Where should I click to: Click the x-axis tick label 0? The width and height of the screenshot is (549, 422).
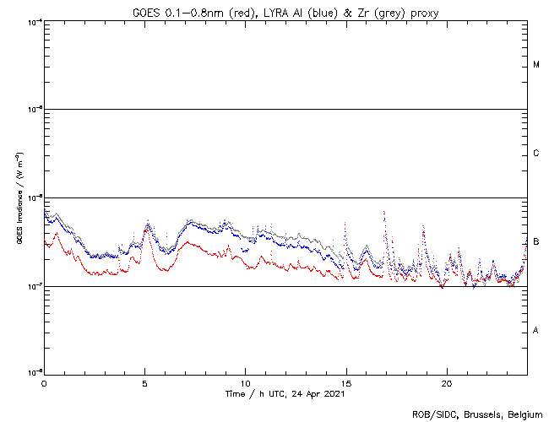[x=44, y=382]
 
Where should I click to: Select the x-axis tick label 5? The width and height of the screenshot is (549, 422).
[x=144, y=382]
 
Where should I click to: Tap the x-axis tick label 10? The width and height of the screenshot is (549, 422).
[x=245, y=382]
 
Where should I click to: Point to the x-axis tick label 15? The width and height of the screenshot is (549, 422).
[x=345, y=382]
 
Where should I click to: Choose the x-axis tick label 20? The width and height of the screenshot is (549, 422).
[x=446, y=382]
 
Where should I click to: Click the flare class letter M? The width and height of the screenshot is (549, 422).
[x=536, y=65]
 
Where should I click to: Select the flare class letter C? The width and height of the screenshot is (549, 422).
[x=536, y=154]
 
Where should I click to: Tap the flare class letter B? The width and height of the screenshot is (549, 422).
[x=536, y=242]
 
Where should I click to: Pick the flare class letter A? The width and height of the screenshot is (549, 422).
[x=536, y=331]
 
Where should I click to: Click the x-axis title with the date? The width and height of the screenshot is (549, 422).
[x=285, y=393]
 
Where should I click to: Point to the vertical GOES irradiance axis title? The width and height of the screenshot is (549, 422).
[x=19, y=197]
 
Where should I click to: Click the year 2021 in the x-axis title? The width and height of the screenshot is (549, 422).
[x=334, y=393]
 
